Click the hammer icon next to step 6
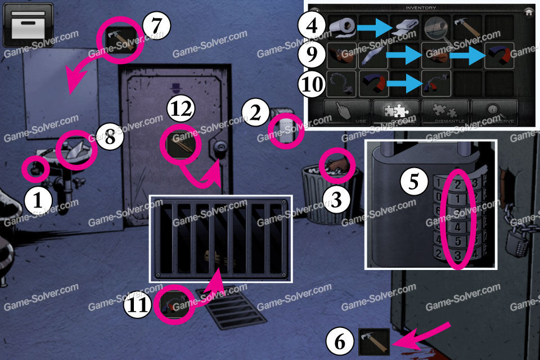pos(373,343)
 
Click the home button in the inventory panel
pos(528,11)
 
